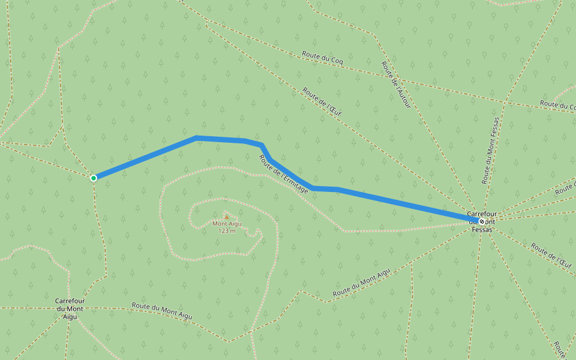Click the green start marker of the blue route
pyautogui.click(x=94, y=178)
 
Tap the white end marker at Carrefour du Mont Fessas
pyautogui.click(x=481, y=221)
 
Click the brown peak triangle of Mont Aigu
pyautogui.click(x=226, y=215)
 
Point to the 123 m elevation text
pyautogui.click(x=227, y=231)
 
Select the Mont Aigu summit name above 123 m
pyautogui.click(x=227, y=224)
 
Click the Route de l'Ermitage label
pyautogui.click(x=284, y=174)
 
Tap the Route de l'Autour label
pyautogui.click(x=396, y=85)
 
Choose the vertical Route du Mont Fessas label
pyautogui.click(x=490, y=150)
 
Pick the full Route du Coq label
pyautogui.click(x=323, y=59)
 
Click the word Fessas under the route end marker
pyautogui.click(x=482, y=229)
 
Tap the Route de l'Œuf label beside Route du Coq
pyautogui.click(x=322, y=101)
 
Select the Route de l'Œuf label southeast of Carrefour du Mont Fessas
pyautogui.click(x=550, y=254)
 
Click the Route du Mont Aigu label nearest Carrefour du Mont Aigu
pyautogui.click(x=162, y=311)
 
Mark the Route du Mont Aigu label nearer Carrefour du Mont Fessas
pyautogui.click(x=361, y=282)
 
